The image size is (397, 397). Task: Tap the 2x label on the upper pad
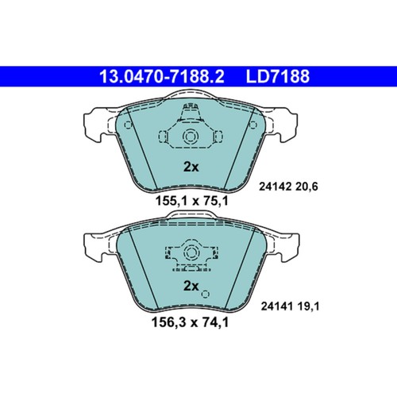click(x=191, y=167)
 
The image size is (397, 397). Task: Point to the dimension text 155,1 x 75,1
click(x=191, y=201)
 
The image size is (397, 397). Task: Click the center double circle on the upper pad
click(x=191, y=137)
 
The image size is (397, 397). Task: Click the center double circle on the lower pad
click(x=191, y=253)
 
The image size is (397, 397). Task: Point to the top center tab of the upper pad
click(x=191, y=108)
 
